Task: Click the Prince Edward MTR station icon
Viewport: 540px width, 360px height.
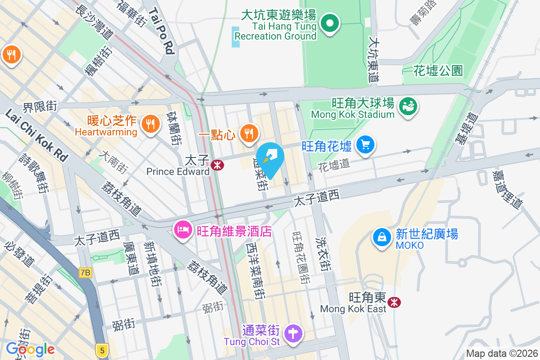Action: pos(217,165)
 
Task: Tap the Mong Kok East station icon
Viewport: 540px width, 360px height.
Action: pos(395,302)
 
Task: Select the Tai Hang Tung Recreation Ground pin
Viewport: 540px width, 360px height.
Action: pos(330,22)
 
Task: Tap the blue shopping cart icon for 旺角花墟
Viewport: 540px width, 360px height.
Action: pos(365,145)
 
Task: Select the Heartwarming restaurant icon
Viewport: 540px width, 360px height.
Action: pos(149,124)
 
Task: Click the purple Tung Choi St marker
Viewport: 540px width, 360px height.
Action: pos(294,335)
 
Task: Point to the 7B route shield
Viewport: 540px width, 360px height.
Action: pos(85,272)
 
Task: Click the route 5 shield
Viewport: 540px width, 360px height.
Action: pos(102,350)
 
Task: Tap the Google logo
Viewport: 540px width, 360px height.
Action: pos(31,349)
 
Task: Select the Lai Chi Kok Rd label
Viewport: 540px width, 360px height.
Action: pos(36,135)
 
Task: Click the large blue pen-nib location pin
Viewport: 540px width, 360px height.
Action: pos(271,159)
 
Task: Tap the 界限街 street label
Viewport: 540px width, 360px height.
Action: pos(40,107)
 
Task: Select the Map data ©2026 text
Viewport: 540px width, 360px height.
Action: pos(501,353)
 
